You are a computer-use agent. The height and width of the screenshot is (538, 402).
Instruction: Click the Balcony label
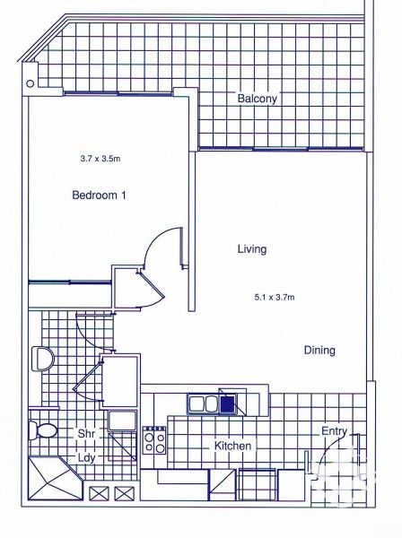click(x=257, y=99)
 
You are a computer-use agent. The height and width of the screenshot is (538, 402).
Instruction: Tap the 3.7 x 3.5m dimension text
click(x=99, y=158)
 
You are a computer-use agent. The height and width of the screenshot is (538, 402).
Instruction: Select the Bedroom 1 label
click(x=99, y=195)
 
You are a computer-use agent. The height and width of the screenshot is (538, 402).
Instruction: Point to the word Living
click(x=252, y=249)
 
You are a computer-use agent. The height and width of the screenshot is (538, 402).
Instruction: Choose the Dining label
click(x=319, y=351)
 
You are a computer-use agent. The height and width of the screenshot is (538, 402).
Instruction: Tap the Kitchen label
click(x=232, y=446)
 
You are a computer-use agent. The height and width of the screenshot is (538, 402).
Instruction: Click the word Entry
click(x=334, y=431)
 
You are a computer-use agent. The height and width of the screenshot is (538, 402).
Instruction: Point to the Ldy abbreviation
click(x=86, y=456)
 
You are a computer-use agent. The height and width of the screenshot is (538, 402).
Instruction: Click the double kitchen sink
click(x=203, y=404)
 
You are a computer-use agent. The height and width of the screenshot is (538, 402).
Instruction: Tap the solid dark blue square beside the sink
click(x=229, y=404)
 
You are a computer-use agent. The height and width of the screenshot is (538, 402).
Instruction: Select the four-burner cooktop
click(x=154, y=438)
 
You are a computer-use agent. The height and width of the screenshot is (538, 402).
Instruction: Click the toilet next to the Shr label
click(x=41, y=430)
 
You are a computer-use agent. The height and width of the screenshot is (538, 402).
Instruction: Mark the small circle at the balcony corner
click(x=31, y=83)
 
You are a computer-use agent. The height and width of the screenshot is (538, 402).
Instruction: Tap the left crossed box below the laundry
click(x=99, y=492)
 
